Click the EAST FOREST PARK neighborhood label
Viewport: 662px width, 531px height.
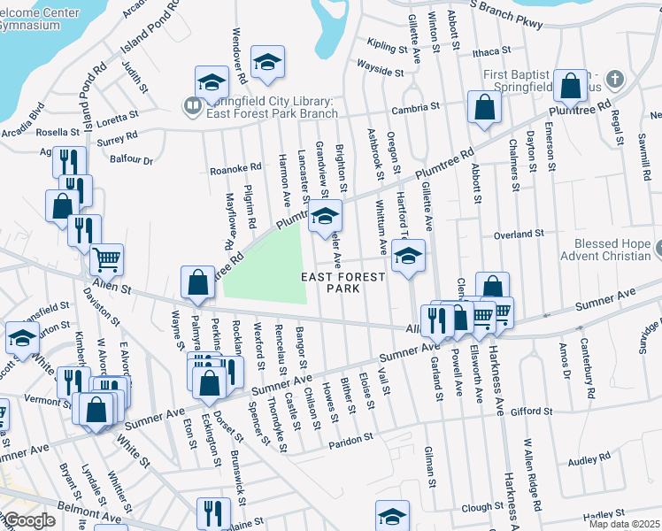343,282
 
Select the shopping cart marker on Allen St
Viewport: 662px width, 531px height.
106,259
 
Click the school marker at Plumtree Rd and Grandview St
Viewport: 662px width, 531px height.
325,215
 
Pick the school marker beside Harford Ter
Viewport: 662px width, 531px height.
408,257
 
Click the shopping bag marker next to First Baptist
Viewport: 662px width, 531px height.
572,86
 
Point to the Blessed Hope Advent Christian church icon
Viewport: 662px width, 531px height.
658,245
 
